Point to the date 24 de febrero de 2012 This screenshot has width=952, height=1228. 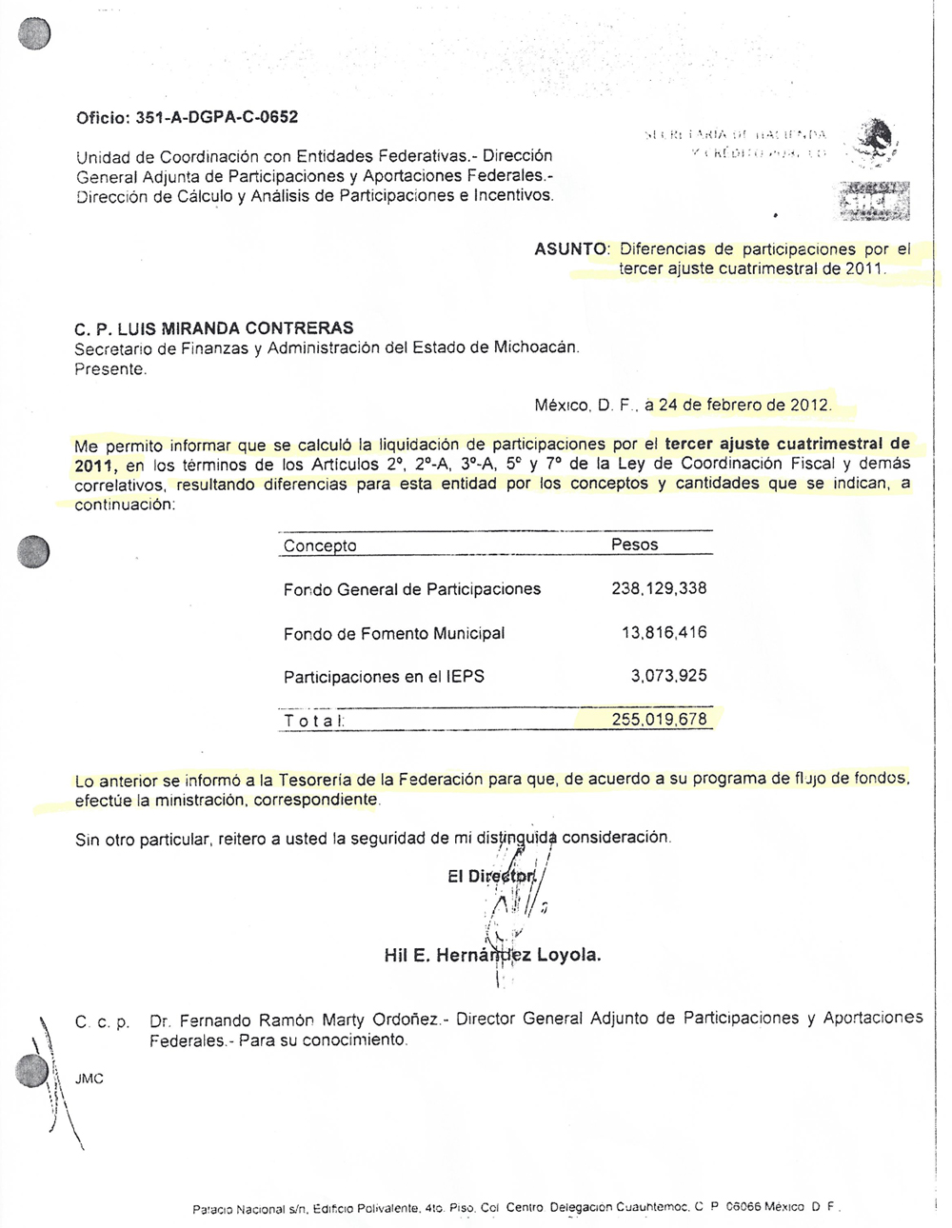point(744,405)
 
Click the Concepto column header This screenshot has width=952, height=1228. point(320,546)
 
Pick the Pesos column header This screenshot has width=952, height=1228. point(634,545)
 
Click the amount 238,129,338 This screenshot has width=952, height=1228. point(659,589)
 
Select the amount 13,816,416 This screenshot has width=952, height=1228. point(664,633)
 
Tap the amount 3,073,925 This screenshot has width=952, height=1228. point(668,677)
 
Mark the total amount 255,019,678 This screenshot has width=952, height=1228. point(659,720)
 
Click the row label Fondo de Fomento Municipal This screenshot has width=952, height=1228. point(394,634)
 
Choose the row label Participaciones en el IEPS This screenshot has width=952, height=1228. point(384,678)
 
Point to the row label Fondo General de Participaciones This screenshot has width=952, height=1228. point(412,590)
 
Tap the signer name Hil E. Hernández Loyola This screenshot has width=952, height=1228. point(492,956)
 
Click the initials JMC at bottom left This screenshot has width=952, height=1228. point(89,1079)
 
